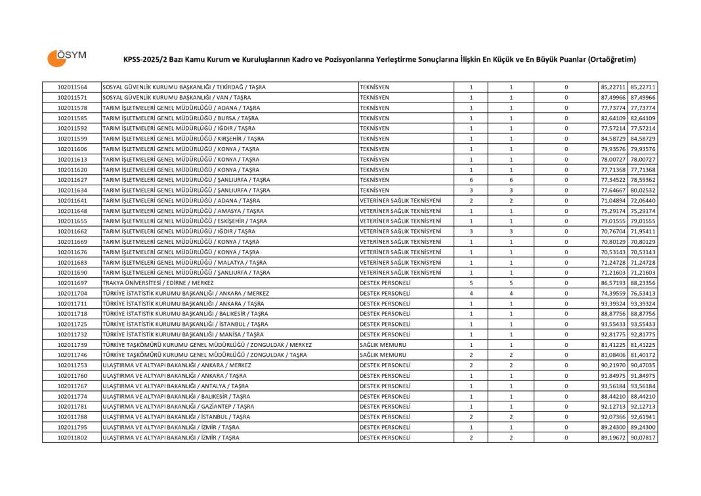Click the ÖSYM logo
[x=66, y=57]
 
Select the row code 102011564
[x=72, y=87]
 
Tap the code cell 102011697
[x=72, y=282]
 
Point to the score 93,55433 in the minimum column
[x=613, y=324]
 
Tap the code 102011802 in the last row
[x=72, y=437]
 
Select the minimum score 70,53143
[x=613, y=252]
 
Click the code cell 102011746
[x=72, y=355]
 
